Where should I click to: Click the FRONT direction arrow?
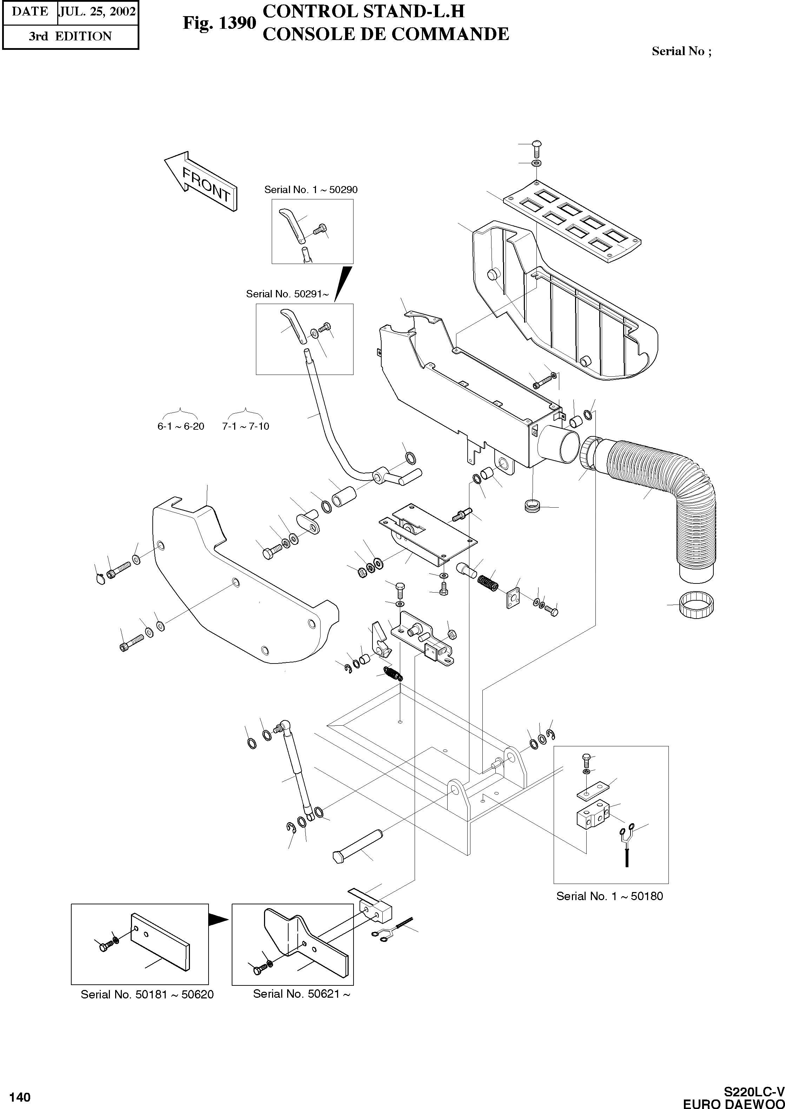pyautogui.click(x=201, y=181)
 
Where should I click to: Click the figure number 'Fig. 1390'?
pyautogui.click(x=219, y=23)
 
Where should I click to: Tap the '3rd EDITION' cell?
pyautogui.click(x=70, y=36)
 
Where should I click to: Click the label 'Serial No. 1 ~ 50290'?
pyautogui.click(x=311, y=190)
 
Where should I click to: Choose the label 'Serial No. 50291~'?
pyautogui.click(x=287, y=294)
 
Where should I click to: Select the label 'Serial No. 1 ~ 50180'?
pyautogui.click(x=609, y=896)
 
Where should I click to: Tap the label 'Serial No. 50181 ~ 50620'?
pyautogui.click(x=147, y=995)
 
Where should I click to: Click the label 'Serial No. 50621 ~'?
pyautogui.click(x=301, y=994)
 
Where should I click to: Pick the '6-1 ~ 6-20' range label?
pyautogui.click(x=181, y=426)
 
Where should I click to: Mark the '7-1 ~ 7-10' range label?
pyautogui.click(x=245, y=426)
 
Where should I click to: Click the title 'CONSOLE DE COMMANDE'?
pyautogui.click(x=385, y=34)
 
